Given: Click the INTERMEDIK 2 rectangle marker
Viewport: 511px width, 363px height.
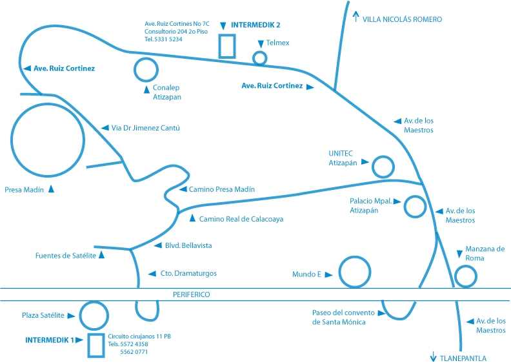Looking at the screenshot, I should point(226,46).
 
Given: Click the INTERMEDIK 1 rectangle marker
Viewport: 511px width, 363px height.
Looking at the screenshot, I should point(96,345).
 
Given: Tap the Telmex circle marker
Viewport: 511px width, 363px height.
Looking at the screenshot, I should point(259,58).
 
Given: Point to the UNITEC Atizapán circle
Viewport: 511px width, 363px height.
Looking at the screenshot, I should point(383,167).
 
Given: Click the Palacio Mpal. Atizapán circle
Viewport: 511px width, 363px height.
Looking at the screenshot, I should point(415,207).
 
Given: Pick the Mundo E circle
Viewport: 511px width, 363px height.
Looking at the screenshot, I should point(354,272).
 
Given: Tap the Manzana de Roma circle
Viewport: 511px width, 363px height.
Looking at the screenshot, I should point(466,276).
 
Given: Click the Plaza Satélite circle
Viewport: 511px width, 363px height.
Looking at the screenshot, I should point(94,315).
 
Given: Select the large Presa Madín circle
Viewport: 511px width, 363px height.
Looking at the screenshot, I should point(47,140).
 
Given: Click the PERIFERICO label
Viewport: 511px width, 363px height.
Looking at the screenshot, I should point(192,295).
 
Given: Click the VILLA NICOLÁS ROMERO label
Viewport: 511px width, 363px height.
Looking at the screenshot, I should point(402,19).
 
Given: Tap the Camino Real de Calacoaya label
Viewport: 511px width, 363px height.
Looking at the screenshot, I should point(241,219).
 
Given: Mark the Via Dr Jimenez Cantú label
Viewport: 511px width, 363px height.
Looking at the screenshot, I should point(146,128).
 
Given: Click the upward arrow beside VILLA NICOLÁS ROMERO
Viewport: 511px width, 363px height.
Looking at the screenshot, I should point(356,17).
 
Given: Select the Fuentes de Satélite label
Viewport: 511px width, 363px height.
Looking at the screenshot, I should point(65,256).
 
